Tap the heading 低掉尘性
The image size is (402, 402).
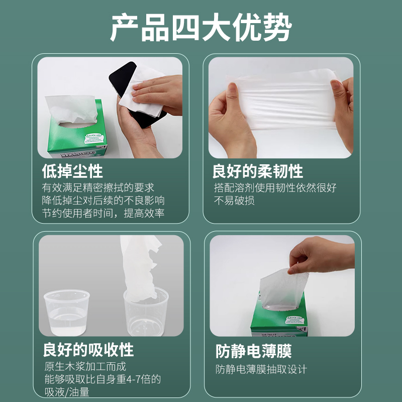[x=72, y=171]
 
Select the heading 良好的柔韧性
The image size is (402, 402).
[x=258, y=171]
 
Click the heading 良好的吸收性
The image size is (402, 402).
[x=88, y=349]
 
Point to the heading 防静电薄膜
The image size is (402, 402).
[x=254, y=350]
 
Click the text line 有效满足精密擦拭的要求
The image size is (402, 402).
[x=98, y=187]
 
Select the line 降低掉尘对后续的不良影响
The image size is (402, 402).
[x=104, y=200]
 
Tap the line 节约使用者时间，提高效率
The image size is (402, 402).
[x=104, y=214]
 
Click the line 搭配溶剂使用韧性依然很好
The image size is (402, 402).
[x=275, y=187]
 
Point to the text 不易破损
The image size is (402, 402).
[x=234, y=200]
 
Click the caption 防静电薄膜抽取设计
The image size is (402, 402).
[x=261, y=369]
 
